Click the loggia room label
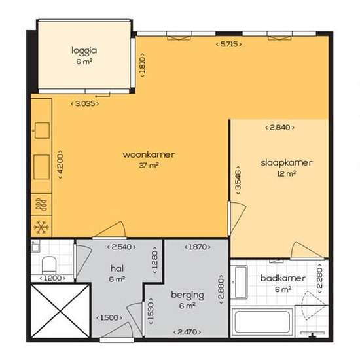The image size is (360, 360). (x=84, y=50)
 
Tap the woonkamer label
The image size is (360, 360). (x=149, y=154)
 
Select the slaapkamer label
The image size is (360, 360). (x=286, y=163)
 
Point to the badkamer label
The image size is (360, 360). (x=283, y=278)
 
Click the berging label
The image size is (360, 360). (x=187, y=295)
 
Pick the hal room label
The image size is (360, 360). (x=117, y=268)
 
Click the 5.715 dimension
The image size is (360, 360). (x=228, y=44)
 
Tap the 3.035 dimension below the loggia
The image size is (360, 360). (x=84, y=104)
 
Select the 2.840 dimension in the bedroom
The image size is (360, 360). (x=279, y=128)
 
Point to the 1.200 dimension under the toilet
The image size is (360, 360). (x=52, y=278)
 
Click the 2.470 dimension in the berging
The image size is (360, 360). (x=187, y=332)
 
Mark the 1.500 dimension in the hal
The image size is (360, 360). (x=109, y=317)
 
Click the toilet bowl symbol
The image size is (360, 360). (x=49, y=264)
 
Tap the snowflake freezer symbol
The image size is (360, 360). (x=41, y=227)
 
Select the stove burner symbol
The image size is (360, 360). (x=41, y=205)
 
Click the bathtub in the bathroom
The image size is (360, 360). (x=262, y=322)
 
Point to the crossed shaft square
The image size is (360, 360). (x=60, y=311)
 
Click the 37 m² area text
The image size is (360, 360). (x=149, y=165)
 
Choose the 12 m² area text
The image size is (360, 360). (x=286, y=173)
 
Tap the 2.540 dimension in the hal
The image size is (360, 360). (x=122, y=247)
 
